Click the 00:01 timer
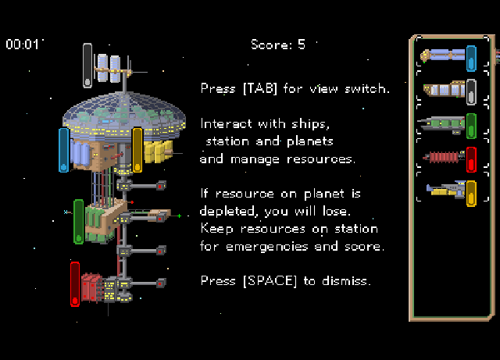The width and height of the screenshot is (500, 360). point(22,44)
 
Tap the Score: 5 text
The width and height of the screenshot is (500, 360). point(278,45)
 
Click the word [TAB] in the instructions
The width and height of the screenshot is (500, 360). point(260,88)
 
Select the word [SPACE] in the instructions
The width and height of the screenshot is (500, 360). point(270,281)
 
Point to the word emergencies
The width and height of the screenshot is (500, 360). point(266,247)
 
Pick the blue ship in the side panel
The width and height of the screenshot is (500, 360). point(443,55)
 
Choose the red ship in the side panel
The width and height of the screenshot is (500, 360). point(444,157)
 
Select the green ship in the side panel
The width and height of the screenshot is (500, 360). point(441,125)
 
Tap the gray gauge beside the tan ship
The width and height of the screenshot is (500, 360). point(471,92)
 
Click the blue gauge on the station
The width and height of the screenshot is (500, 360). point(64,150)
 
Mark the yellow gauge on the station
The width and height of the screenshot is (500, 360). point(137,150)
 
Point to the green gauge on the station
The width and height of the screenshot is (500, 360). point(78,222)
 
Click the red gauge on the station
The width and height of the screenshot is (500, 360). point(75,284)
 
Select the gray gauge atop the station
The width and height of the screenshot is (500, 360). point(87,66)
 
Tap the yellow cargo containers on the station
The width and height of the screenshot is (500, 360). point(157,151)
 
